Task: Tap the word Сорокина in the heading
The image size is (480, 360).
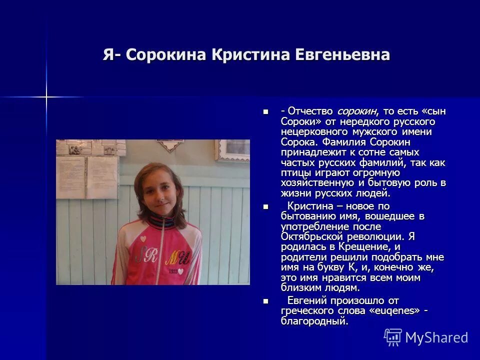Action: (167, 54)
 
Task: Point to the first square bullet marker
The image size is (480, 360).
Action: (265, 111)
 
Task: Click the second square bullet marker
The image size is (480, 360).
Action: (265, 206)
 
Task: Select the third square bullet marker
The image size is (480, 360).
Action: (265, 301)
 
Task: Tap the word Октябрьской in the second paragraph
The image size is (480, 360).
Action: (312, 236)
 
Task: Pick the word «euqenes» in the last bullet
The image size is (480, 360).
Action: (392, 310)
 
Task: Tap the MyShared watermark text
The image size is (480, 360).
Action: (436, 337)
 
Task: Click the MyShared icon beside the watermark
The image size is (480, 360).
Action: (392, 337)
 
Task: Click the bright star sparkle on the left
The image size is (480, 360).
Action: (46, 96)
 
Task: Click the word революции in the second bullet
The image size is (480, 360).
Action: (378, 236)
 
